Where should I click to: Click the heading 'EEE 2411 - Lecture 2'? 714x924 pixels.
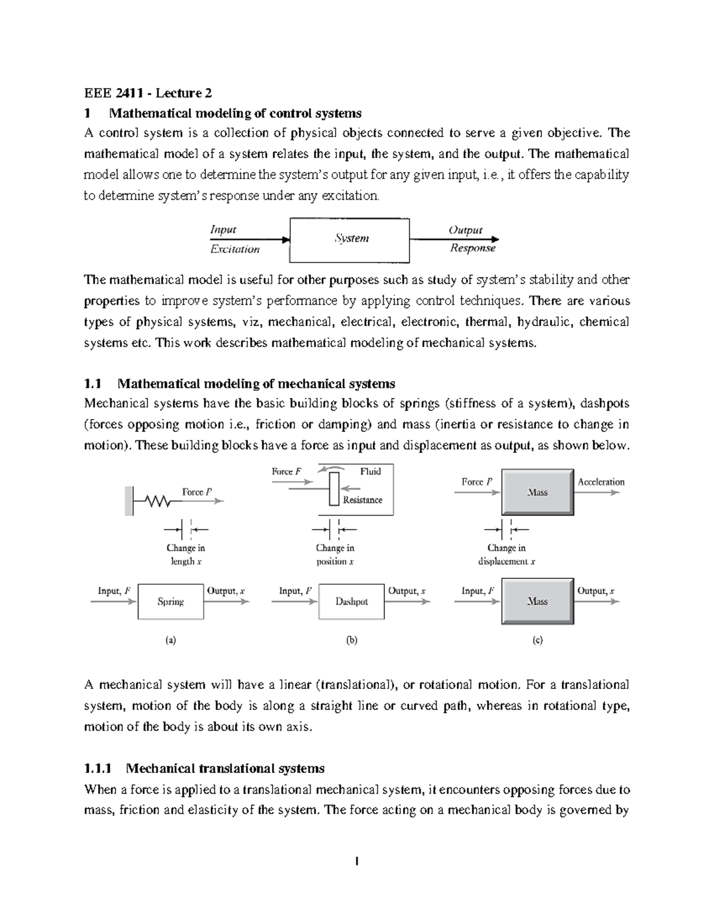(148, 93)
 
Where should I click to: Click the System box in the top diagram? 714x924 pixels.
(349, 240)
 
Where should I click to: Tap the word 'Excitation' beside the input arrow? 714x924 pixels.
(235, 249)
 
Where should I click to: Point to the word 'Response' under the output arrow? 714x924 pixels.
(472, 248)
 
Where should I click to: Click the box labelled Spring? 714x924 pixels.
(171, 602)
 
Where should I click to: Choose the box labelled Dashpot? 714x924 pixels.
(351, 602)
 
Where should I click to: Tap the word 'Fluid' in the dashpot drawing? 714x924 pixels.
(370, 471)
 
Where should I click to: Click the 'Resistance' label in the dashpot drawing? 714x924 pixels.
(362, 500)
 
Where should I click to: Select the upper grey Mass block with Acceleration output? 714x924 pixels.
(537, 492)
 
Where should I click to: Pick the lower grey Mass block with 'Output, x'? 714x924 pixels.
(537, 601)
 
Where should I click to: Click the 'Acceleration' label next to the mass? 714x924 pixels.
(601, 482)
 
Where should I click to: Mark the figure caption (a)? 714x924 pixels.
(171, 640)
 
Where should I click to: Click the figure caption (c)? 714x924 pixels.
(537, 640)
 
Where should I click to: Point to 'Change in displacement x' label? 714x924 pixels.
(506, 555)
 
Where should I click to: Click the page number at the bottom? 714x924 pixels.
(357, 861)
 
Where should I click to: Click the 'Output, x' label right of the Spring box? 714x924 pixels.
(226, 591)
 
